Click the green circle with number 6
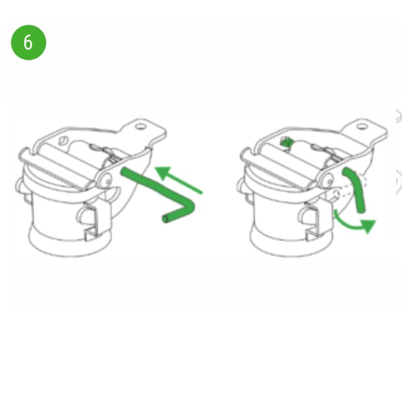pyautogui.click(x=28, y=43)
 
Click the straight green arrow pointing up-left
pyautogui.click(x=179, y=180)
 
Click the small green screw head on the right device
pyautogui.click(x=286, y=142)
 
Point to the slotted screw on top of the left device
pyautogui.click(x=64, y=141)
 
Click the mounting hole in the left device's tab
pyautogui.click(x=140, y=127)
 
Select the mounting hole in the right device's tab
pyautogui.click(x=362, y=127)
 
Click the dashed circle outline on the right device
pyautogui.click(x=336, y=194)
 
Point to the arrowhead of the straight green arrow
pyautogui.click(x=162, y=172)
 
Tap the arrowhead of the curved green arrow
pyautogui.click(x=368, y=226)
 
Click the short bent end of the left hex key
pyautogui.click(x=177, y=215)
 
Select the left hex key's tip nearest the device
pyautogui.click(x=123, y=170)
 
